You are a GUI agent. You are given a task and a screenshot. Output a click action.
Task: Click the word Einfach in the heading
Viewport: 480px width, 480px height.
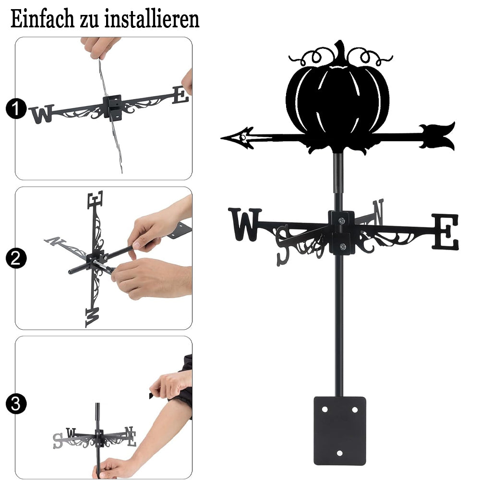click(x=42, y=19)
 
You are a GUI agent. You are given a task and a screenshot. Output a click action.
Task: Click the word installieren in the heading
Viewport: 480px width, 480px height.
click(x=152, y=19)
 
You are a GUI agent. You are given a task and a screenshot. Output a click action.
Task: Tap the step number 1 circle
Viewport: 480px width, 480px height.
click(x=16, y=108)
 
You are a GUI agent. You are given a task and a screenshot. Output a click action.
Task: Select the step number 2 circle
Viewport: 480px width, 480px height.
click(x=16, y=258)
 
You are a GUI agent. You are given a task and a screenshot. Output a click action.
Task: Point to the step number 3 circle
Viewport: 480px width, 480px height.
click(x=16, y=404)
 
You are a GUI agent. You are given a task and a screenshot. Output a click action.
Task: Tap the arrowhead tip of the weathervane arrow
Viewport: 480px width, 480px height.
click(x=221, y=138)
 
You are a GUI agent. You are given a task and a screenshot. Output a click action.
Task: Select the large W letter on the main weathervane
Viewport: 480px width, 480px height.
click(x=245, y=224)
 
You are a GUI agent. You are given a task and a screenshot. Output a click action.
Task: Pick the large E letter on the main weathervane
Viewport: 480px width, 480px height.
click(x=445, y=231)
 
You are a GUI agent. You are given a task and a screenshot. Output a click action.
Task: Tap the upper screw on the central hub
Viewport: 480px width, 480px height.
click(x=342, y=220)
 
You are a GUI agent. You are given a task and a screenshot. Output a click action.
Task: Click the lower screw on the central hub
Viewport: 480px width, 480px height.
click(x=343, y=246)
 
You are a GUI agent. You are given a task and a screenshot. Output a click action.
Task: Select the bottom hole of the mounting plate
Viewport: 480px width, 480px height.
click(x=339, y=453)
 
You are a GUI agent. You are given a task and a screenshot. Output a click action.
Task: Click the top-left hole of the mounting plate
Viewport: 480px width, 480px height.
click(x=324, y=409)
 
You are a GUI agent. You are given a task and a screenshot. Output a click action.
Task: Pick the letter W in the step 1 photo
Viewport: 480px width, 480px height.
click(x=42, y=114)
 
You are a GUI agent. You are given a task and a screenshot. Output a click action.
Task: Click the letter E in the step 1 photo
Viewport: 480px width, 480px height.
click(x=180, y=95)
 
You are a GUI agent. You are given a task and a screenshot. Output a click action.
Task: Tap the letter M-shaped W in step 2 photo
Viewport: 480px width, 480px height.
click(x=92, y=318)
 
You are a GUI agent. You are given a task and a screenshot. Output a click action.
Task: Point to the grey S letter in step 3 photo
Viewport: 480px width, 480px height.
click(x=58, y=441)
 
